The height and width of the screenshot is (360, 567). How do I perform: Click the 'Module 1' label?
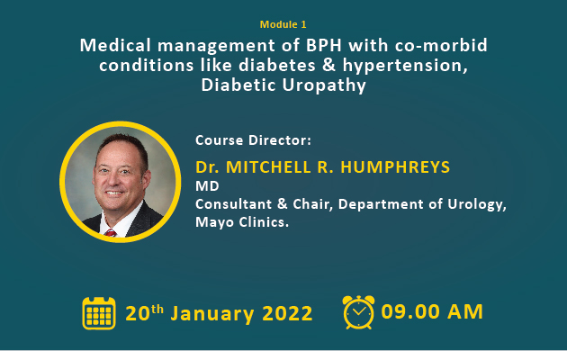[x=283, y=24]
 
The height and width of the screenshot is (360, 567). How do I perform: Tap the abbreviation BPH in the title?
[x=324, y=46]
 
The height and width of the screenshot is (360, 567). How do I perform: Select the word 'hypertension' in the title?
[x=403, y=66]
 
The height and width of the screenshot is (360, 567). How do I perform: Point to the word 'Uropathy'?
[x=324, y=86]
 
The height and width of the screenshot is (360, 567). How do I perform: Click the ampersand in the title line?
[x=328, y=66]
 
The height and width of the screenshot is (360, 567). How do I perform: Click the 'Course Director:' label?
[x=253, y=140]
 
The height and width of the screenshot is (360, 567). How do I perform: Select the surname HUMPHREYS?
[x=395, y=167]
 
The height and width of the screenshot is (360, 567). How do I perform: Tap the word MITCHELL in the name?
[x=268, y=167]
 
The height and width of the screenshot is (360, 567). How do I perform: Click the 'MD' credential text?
[x=207, y=186]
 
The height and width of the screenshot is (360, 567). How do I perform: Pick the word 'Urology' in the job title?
[x=475, y=205]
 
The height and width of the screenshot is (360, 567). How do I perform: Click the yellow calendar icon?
[x=99, y=313]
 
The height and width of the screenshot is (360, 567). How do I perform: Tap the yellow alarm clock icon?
[x=358, y=312]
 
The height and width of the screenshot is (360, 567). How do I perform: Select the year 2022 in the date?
[x=287, y=313]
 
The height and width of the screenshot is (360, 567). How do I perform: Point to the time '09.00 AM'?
[x=432, y=311]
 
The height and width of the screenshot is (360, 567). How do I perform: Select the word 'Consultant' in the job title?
[x=233, y=204]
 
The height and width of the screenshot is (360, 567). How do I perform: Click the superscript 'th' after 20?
[x=157, y=309]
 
